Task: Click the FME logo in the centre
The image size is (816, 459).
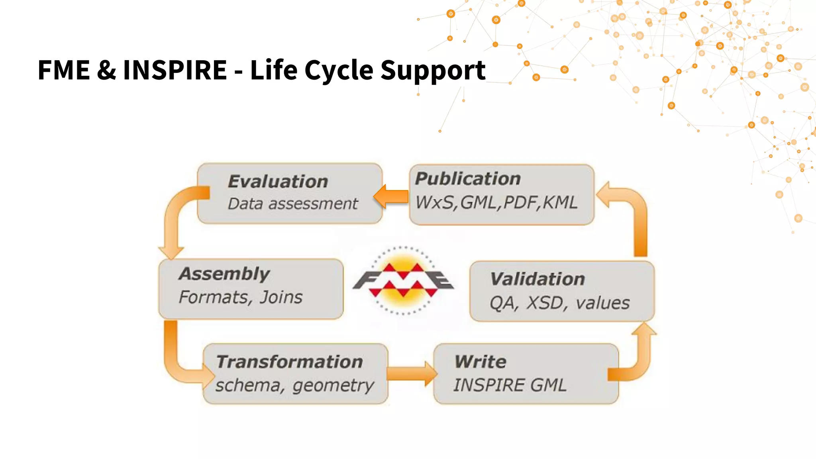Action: tap(403, 281)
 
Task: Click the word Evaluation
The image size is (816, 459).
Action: tap(278, 182)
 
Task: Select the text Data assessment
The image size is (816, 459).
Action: tap(293, 204)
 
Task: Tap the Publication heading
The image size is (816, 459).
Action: tap(468, 178)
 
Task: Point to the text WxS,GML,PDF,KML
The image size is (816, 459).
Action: tap(496, 202)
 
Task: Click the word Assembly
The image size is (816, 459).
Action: tap(224, 274)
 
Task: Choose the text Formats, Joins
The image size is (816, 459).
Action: tap(241, 297)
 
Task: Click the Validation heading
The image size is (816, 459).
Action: tap(537, 279)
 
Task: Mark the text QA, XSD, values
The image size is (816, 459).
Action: tap(559, 303)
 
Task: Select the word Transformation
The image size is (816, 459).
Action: tap(289, 362)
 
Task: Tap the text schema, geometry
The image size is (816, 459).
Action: tap(294, 385)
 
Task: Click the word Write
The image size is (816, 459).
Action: tap(480, 362)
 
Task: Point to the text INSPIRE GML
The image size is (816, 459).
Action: tap(510, 385)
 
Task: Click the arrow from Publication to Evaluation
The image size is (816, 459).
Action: tap(391, 196)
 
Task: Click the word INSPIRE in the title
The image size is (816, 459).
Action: tap(175, 70)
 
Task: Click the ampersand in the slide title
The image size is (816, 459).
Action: tap(106, 70)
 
